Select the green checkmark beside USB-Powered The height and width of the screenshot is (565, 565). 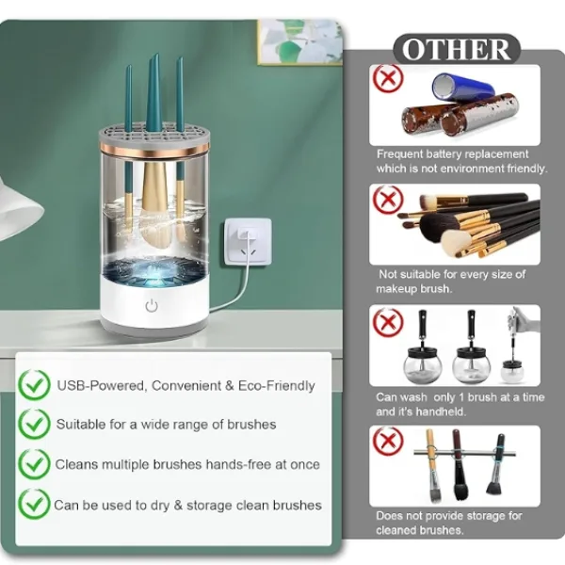tap(35, 385)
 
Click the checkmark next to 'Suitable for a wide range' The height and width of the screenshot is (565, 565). tap(35, 425)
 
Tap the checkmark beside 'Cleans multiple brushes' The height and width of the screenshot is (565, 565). tap(35, 464)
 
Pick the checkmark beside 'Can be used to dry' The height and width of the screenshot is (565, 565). tap(35, 505)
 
